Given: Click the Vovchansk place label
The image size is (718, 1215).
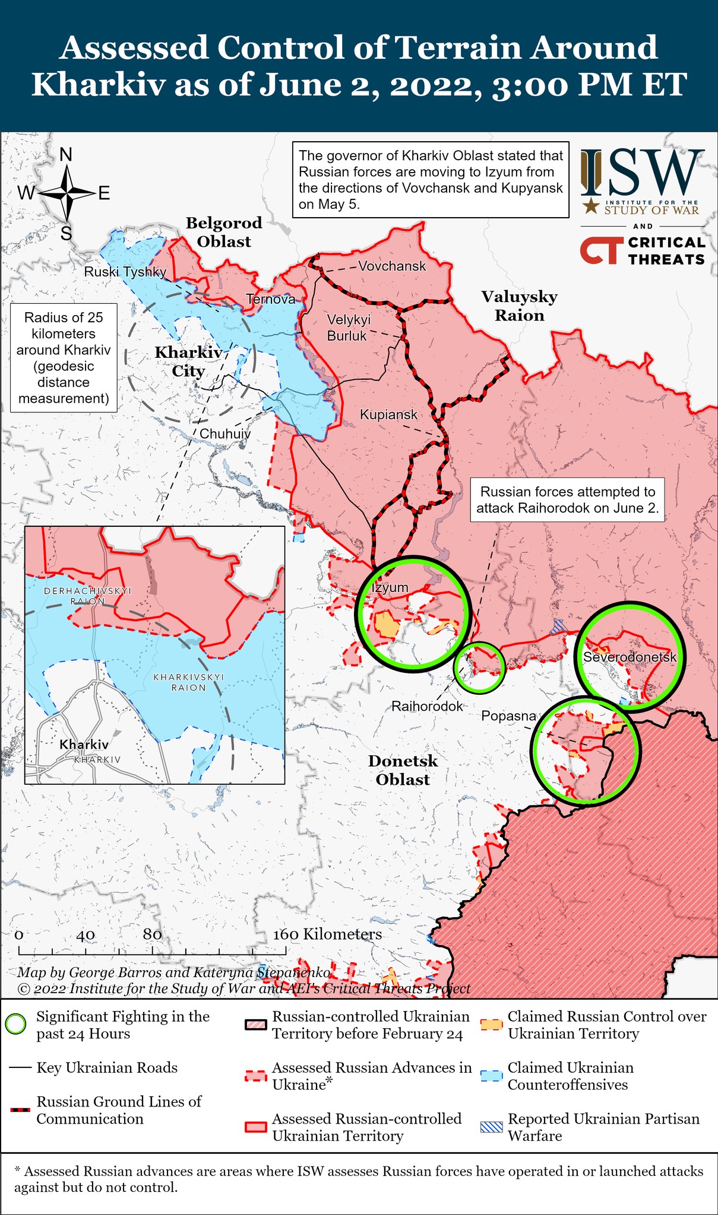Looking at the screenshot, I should (392, 266).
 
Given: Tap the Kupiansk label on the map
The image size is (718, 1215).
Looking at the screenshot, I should (388, 415).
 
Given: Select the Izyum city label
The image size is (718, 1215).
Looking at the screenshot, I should (390, 587).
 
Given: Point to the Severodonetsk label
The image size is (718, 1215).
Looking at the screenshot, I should (630, 657).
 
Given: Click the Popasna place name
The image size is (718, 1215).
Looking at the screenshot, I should (508, 716).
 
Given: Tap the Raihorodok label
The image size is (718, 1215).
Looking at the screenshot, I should (426, 707).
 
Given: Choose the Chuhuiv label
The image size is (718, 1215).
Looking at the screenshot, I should (224, 434).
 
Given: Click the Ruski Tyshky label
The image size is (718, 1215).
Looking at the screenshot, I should (125, 272).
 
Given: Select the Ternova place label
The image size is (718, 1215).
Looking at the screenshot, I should (270, 300).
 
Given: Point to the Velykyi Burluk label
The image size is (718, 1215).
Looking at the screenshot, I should (349, 327).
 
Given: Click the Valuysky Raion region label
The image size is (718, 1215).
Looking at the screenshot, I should (519, 306).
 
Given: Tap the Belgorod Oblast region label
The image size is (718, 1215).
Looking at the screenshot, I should (224, 232).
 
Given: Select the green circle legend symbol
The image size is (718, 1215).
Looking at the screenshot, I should (15, 1025).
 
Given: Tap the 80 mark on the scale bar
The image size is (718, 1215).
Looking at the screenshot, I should (153, 934).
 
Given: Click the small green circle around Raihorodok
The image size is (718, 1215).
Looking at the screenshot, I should (479, 667).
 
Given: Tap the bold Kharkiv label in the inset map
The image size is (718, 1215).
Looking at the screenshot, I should (84, 744).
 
